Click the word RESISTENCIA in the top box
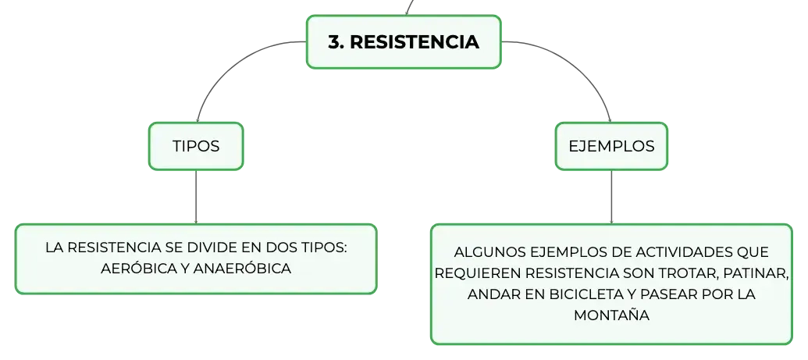point(415,42)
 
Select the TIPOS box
point(196,146)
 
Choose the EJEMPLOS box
point(611,146)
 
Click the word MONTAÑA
point(611,315)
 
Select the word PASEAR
point(667,294)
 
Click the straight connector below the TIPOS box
point(196,197)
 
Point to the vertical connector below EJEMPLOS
point(611,197)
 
